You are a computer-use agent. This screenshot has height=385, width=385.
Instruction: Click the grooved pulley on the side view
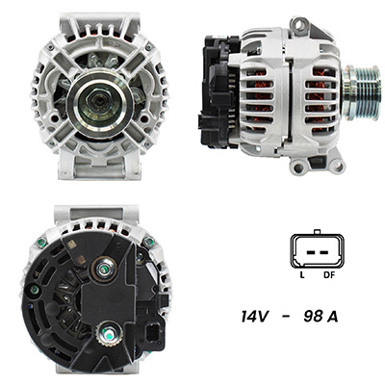(x=362, y=93)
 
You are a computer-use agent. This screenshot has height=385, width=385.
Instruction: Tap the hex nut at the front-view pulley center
(x=97, y=102)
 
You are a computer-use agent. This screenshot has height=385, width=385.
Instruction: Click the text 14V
(x=254, y=317)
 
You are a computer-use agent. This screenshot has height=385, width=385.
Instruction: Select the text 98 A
(x=321, y=317)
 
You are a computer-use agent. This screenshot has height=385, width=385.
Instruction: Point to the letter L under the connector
(x=302, y=275)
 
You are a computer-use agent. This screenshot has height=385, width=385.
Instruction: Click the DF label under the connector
(x=329, y=275)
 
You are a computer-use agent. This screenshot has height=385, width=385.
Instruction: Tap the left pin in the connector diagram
(x=310, y=252)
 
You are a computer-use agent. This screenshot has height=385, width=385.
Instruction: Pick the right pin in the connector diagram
(x=324, y=252)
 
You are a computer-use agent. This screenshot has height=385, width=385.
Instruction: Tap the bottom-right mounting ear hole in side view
(x=337, y=166)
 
